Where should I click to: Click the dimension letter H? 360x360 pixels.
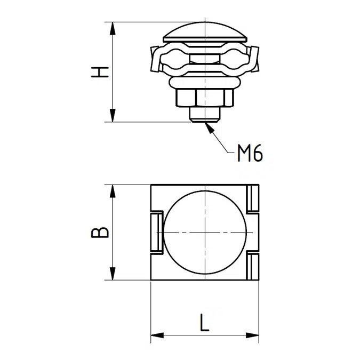click(100, 72)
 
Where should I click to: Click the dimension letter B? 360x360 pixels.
click(100, 233)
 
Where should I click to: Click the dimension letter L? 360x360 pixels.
click(204, 322)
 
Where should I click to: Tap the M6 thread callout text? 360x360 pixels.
click(250, 153)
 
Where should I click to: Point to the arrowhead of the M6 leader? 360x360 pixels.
click(210, 127)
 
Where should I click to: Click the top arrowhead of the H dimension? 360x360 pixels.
click(113, 29)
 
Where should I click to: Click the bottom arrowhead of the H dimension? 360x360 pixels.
click(113, 115)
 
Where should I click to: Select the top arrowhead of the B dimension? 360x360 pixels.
click(113, 191)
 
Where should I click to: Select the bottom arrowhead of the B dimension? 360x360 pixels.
click(113, 274)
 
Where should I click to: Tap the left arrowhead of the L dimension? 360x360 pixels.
click(157, 335)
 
